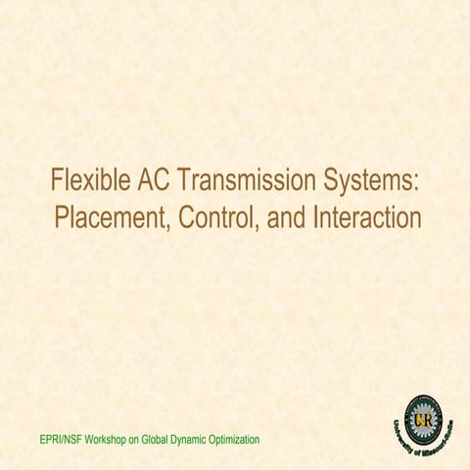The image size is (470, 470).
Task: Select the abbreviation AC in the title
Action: [157, 181]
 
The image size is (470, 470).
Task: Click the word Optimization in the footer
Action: [240, 440]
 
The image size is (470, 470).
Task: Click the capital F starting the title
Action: [55, 181]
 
